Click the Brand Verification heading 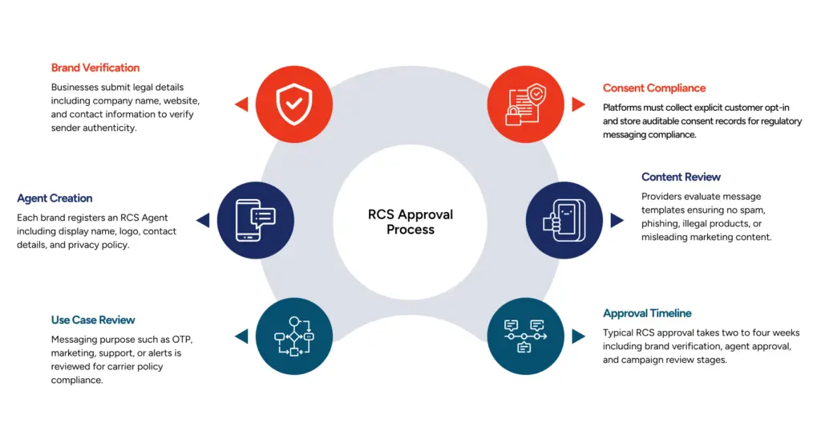tap(95, 68)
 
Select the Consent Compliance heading tap(654, 88)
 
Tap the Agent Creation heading tap(55, 198)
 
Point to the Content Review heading tap(681, 177)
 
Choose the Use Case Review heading tap(93, 320)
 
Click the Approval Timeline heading tap(647, 314)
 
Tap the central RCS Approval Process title tap(410, 222)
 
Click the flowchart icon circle tap(294, 336)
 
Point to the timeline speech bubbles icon tap(526, 336)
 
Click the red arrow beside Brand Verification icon tap(241, 104)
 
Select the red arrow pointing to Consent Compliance tap(579, 104)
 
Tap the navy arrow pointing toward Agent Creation tap(202, 220)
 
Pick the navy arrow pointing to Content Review tap(617, 220)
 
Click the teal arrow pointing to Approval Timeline tap(579, 336)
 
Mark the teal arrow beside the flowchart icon tap(241, 336)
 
